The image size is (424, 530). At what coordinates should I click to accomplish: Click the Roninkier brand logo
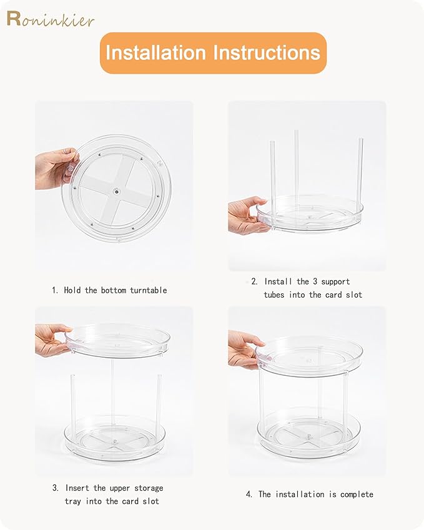[x=51, y=19]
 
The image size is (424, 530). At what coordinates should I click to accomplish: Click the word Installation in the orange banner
[x=155, y=52]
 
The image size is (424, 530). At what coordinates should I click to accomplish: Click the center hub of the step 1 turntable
[x=117, y=192]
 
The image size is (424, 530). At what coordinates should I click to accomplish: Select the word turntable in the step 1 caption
[x=149, y=290]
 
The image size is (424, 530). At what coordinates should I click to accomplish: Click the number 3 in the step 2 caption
[x=315, y=282]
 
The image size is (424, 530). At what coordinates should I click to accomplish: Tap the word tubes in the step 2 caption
[x=274, y=295]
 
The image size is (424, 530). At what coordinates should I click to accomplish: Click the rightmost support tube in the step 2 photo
[x=360, y=174]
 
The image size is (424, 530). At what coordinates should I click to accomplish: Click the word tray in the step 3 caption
[x=73, y=501]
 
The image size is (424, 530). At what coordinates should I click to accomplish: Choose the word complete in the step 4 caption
[x=357, y=494]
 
